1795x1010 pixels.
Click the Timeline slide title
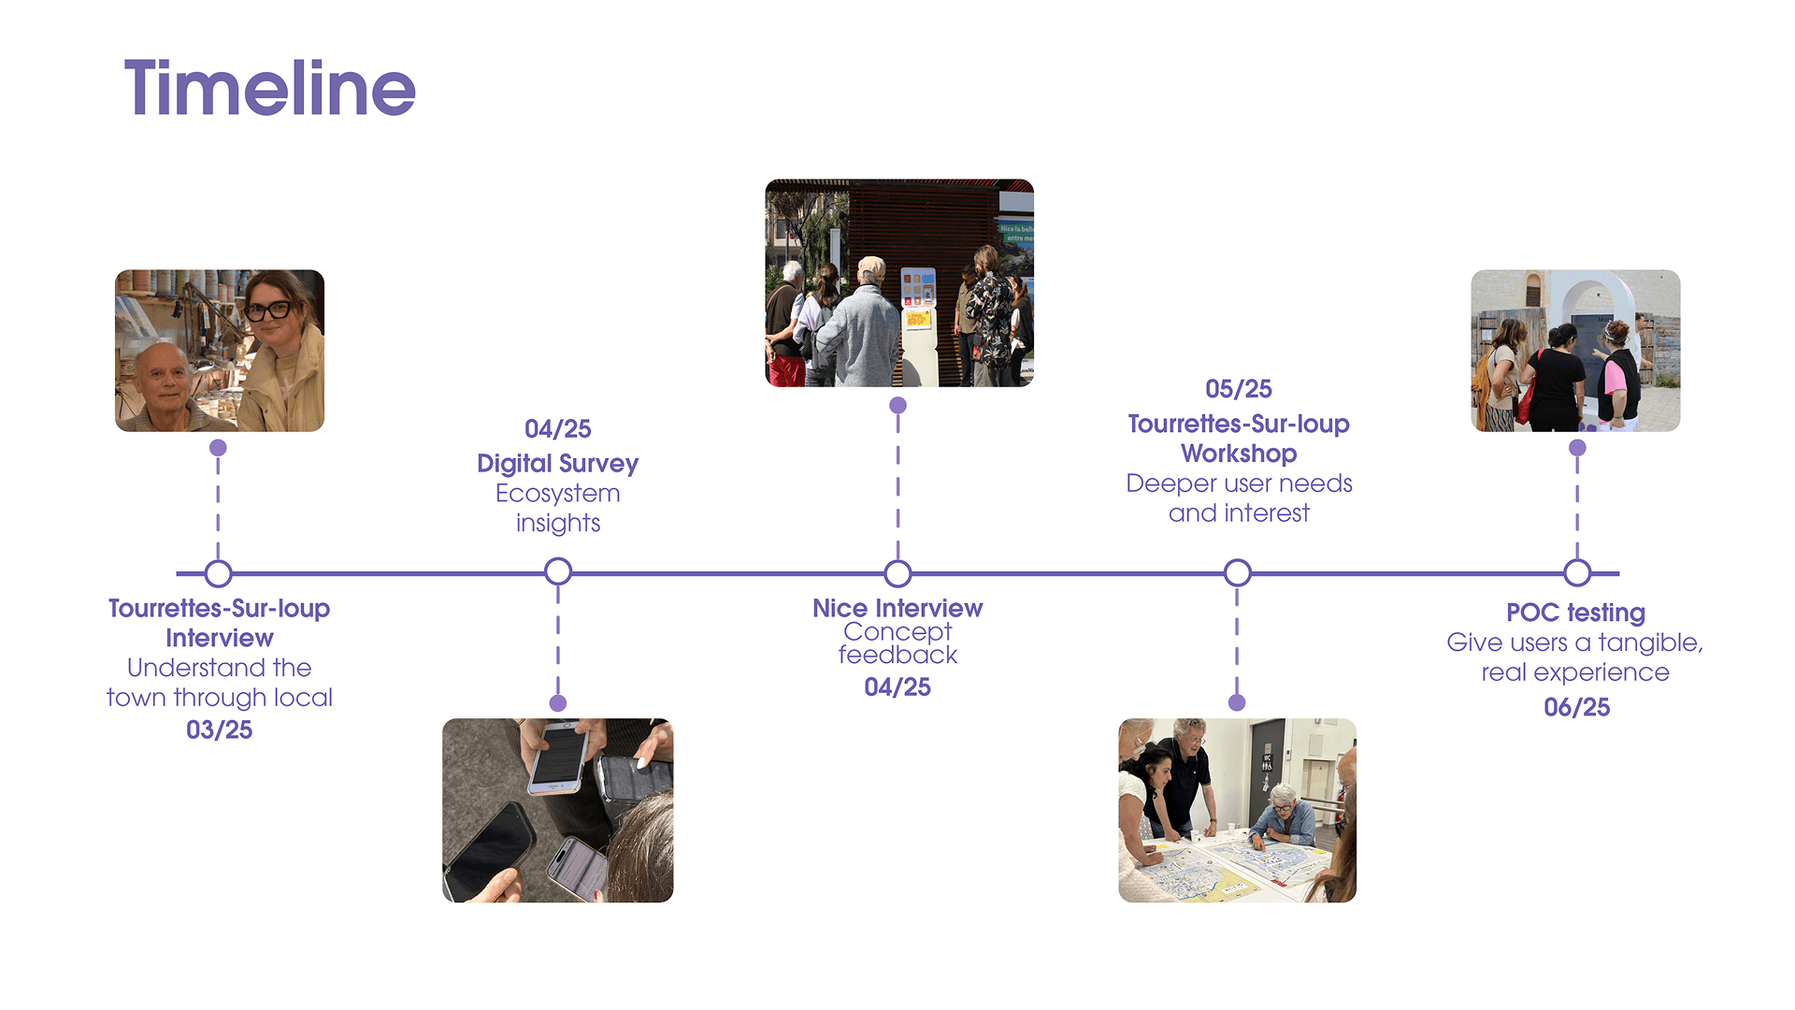click(x=269, y=88)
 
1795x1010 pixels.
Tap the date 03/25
click(x=219, y=729)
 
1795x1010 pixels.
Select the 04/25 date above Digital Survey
click(x=557, y=428)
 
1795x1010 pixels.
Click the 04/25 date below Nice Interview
click(x=897, y=687)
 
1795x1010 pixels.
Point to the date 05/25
click(x=1238, y=388)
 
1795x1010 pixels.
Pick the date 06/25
click(x=1576, y=707)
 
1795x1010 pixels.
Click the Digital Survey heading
click(x=557, y=463)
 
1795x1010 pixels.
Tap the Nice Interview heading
click(x=897, y=608)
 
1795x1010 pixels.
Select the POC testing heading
click(x=1575, y=613)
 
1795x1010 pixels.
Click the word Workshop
click(x=1238, y=454)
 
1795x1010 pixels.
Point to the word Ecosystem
click(x=557, y=493)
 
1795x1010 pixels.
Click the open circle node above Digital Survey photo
click(x=558, y=571)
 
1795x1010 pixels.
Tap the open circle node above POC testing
click(x=1577, y=572)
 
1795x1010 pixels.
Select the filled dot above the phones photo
click(x=558, y=703)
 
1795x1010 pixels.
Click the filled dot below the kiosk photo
click(x=897, y=405)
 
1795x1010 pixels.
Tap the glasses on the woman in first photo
click(x=269, y=310)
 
